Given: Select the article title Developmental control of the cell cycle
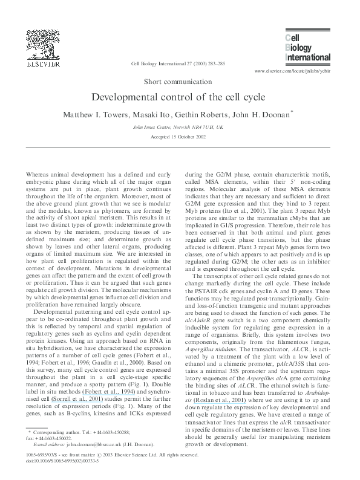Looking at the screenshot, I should pyautogui.click(x=180, y=97).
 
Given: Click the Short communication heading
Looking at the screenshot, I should pyautogui.click(x=180, y=81).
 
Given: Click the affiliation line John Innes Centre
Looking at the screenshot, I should pyautogui.click(x=180, y=128).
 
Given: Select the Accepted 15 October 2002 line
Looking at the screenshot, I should pyautogui.click(x=180, y=137).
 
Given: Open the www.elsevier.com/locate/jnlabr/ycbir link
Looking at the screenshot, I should pyautogui.click(x=293, y=71).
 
